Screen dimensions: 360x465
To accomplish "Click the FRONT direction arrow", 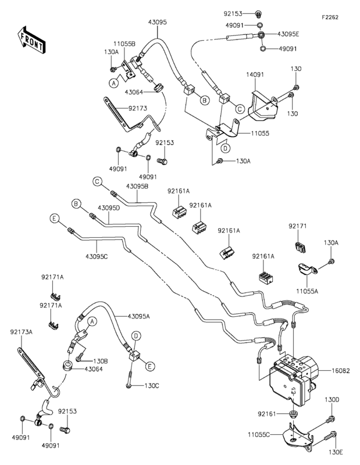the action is click(x=31, y=40).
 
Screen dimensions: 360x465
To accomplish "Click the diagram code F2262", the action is click(x=330, y=17).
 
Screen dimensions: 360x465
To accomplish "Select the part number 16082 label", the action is click(x=340, y=371).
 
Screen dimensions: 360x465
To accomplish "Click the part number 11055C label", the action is click(x=259, y=435).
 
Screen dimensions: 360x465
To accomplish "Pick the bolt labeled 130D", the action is click(x=330, y=419).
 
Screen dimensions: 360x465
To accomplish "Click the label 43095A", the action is click(x=139, y=316).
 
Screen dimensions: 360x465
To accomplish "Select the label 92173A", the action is click(x=21, y=332).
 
